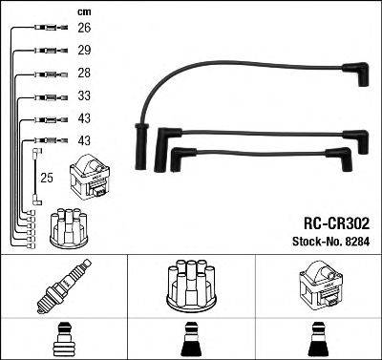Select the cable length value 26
click(84, 29)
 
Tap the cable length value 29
click(84, 49)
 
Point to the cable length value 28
click(84, 74)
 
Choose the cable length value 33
click(84, 97)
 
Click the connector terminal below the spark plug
click(64, 338)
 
